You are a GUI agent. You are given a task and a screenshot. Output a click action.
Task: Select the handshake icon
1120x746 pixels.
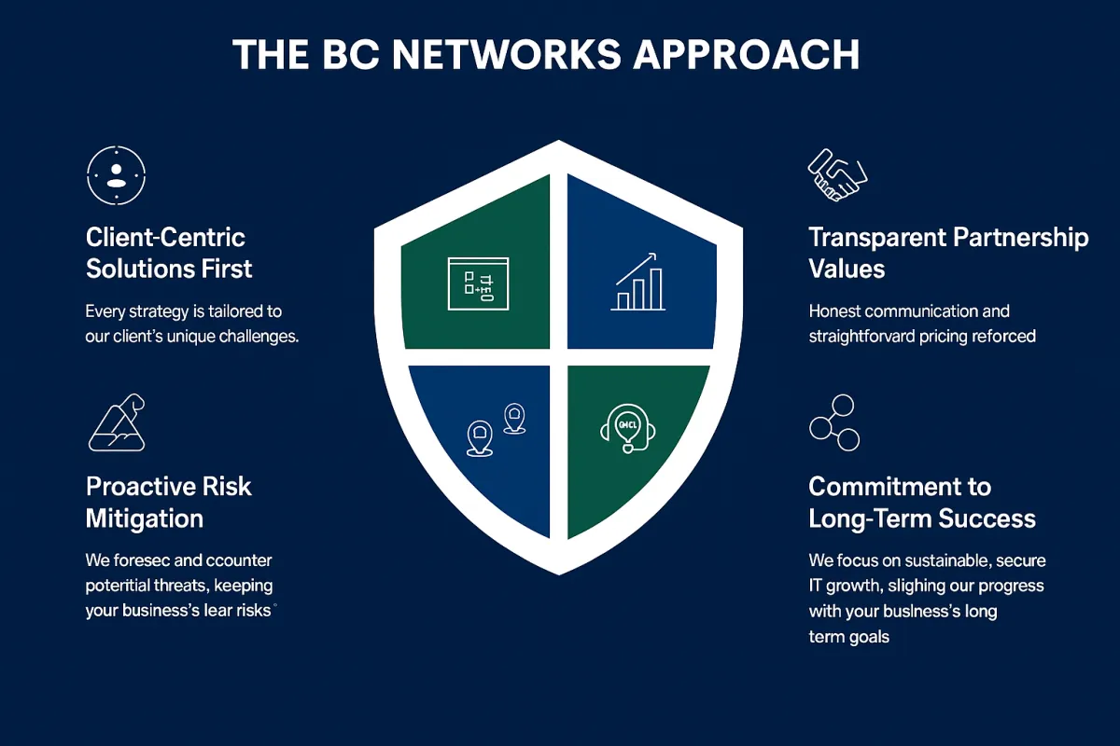(x=837, y=173)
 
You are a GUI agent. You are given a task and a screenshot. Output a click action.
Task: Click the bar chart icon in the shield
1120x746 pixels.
(x=639, y=282)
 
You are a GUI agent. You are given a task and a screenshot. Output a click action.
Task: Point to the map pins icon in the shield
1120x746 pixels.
(x=496, y=429)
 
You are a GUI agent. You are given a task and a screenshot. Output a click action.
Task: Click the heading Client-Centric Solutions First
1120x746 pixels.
(x=169, y=253)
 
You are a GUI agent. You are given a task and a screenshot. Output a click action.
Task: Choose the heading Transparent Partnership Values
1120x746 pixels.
(x=947, y=253)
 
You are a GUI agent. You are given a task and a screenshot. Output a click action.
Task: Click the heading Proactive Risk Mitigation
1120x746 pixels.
(x=168, y=502)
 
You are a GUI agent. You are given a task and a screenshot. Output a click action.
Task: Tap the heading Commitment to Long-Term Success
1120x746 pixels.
(x=921, y=502)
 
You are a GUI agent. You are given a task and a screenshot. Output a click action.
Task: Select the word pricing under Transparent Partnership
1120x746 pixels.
(x=945, y=336)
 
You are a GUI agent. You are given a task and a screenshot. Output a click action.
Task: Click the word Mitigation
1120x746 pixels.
(x=145, y=518)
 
